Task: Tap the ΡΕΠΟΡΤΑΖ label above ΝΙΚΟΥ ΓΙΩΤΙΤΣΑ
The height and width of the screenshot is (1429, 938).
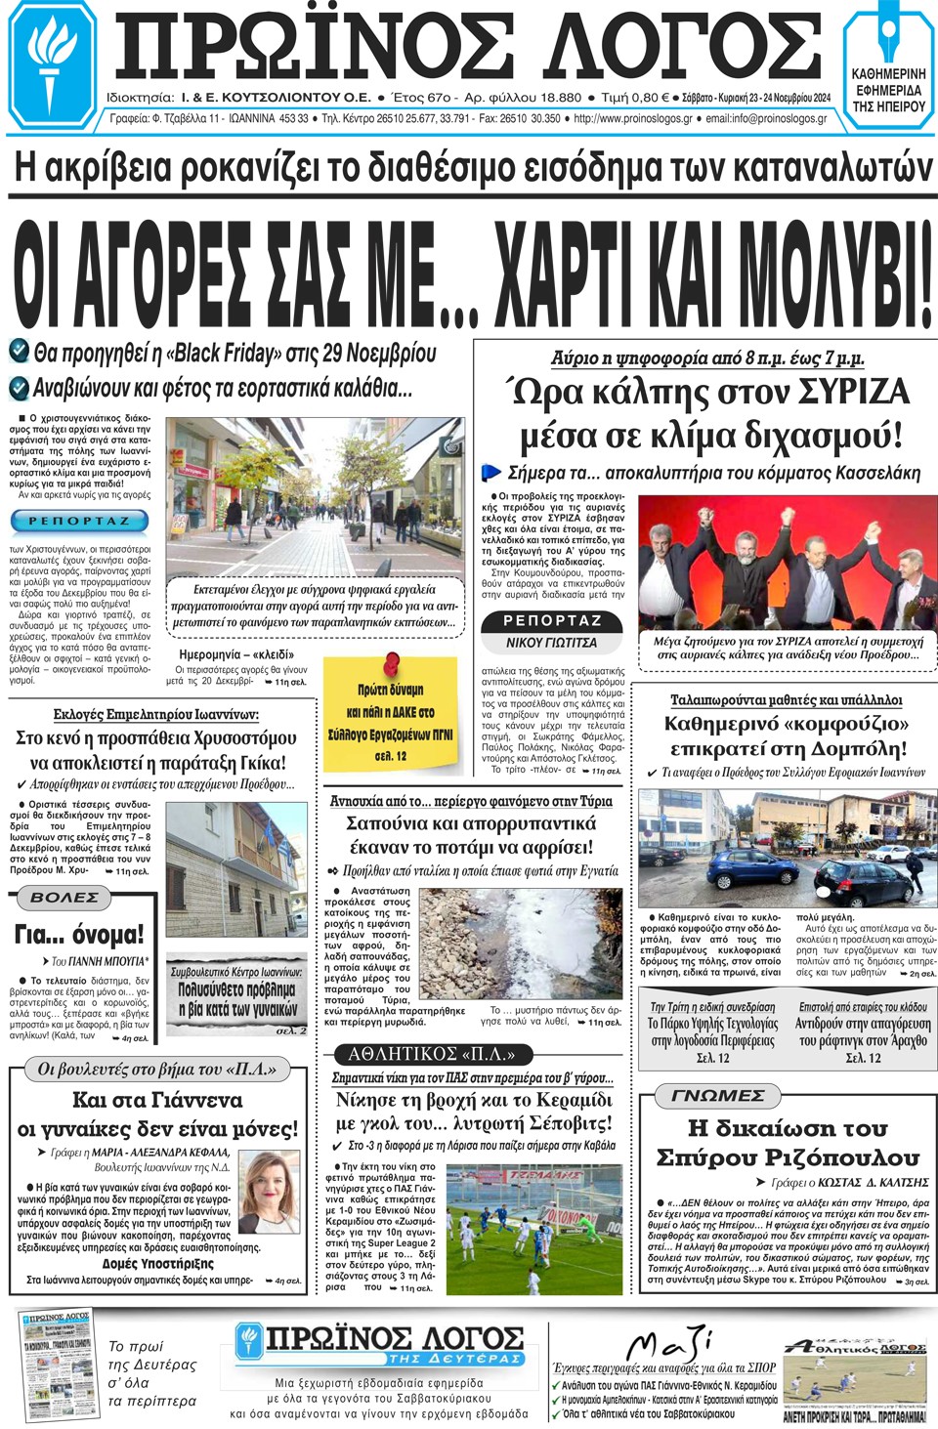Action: point(552,621)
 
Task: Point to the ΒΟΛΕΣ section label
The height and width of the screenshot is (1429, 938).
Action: point(64,897)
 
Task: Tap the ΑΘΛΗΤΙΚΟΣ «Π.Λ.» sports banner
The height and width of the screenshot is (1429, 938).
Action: point(431,1054)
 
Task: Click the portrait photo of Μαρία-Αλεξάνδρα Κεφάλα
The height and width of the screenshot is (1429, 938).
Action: point(269,1192)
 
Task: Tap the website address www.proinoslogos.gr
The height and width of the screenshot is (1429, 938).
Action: point(632,119)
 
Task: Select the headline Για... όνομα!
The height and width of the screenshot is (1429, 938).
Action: point(79,935)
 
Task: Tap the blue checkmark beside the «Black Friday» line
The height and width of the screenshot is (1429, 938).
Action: point(19,351)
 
